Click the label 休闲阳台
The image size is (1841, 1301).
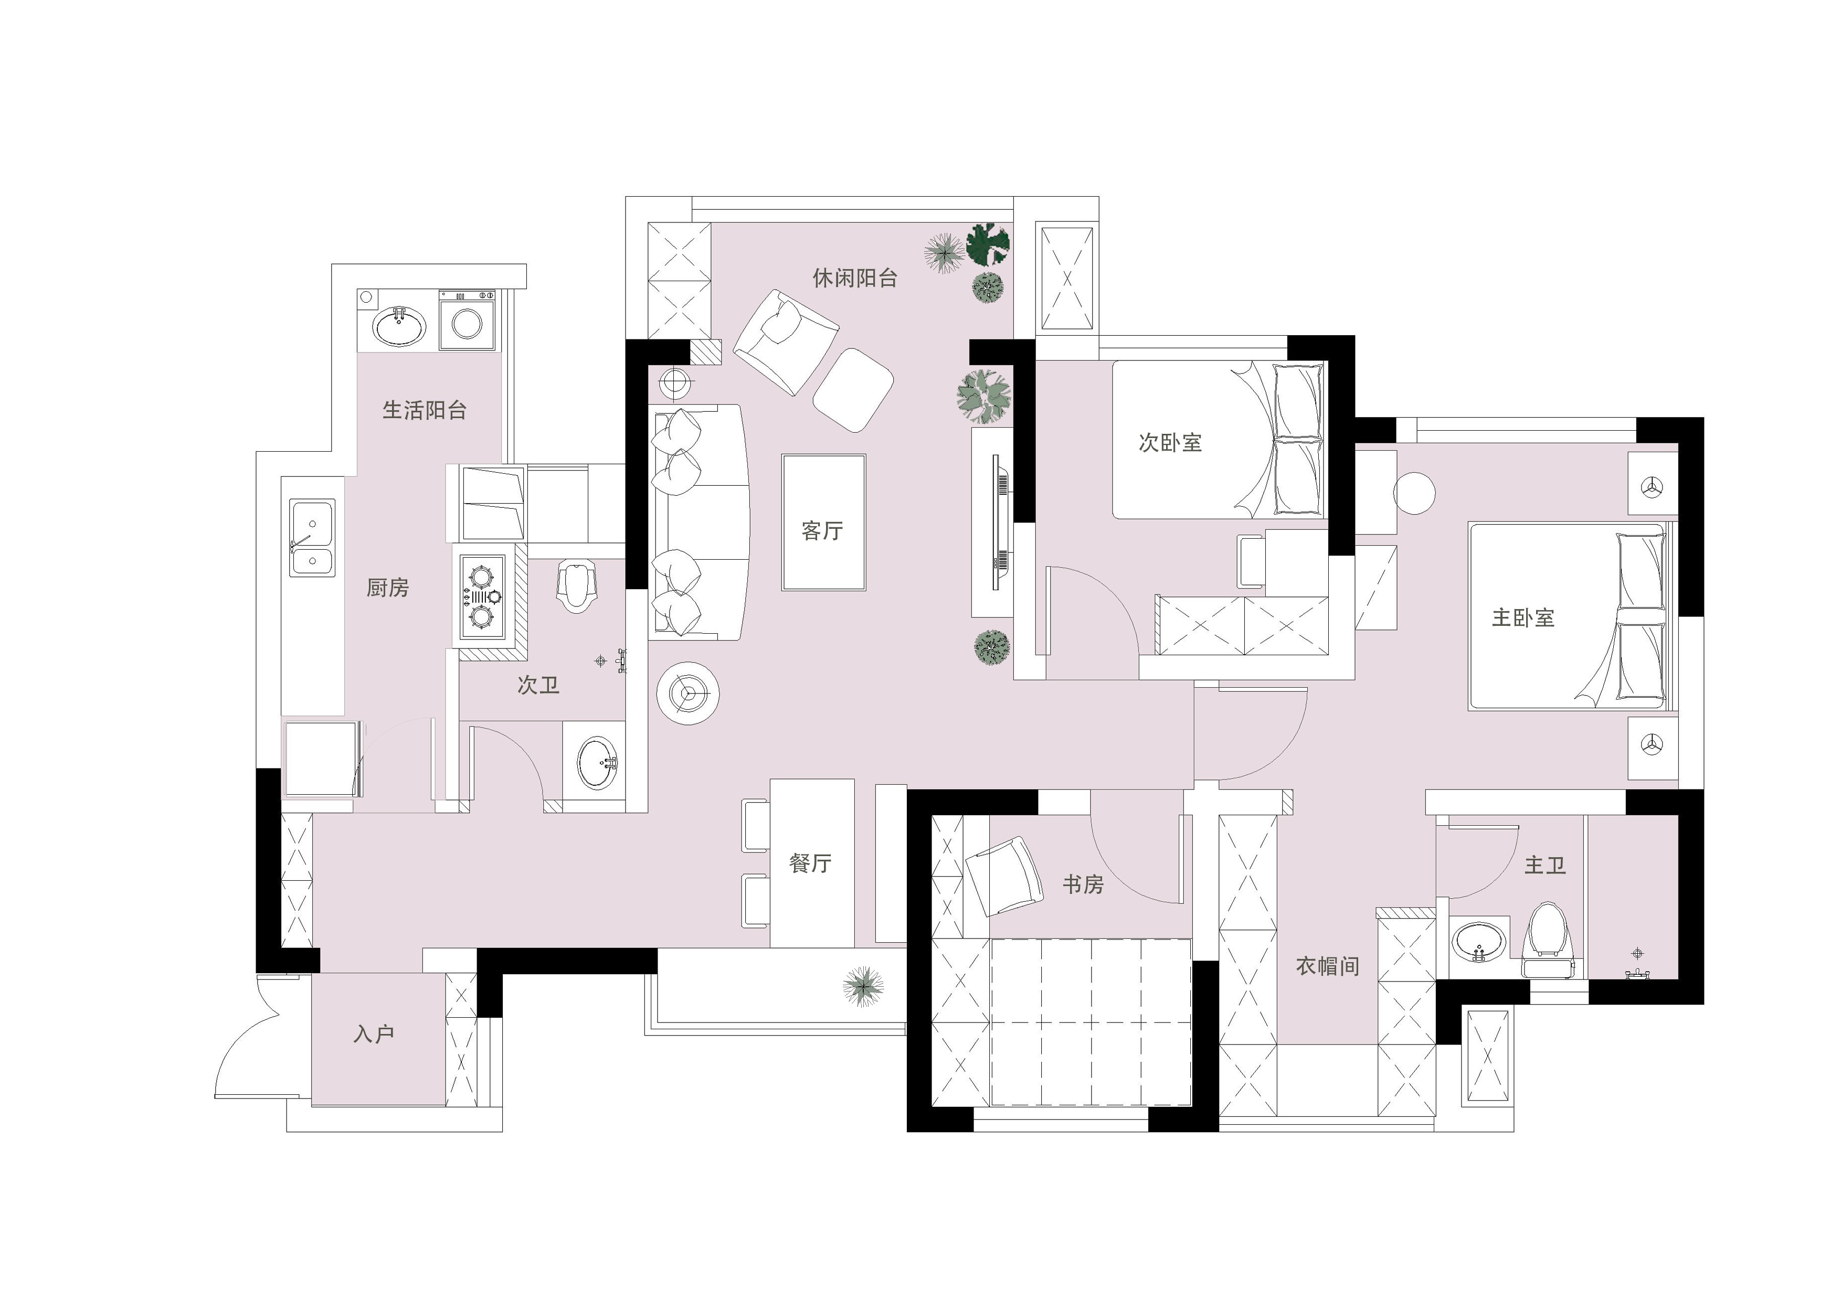point(855,278)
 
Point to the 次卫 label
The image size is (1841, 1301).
point(538,685)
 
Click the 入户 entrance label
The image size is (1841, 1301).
point(374,1034)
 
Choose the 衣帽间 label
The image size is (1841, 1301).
point(1328,966)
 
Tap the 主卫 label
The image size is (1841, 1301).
point(1544,865)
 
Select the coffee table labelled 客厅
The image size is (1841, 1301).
point(823,522)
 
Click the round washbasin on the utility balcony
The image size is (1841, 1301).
point(399,326)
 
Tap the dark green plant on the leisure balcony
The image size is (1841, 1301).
point(988,244)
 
